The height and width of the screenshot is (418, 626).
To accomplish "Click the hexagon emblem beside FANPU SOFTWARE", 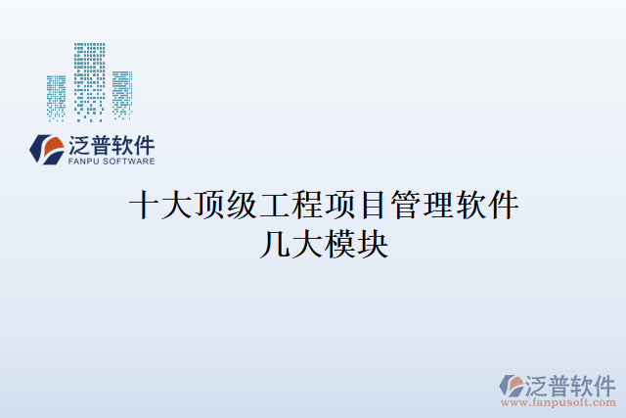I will pyautogui.click(x=46, y=149).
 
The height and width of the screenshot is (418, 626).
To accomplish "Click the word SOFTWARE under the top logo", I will pyautogui.click(x=128, y=161).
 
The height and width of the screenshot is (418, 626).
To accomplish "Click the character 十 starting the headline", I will pyautogui.click(x=145, y=206).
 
